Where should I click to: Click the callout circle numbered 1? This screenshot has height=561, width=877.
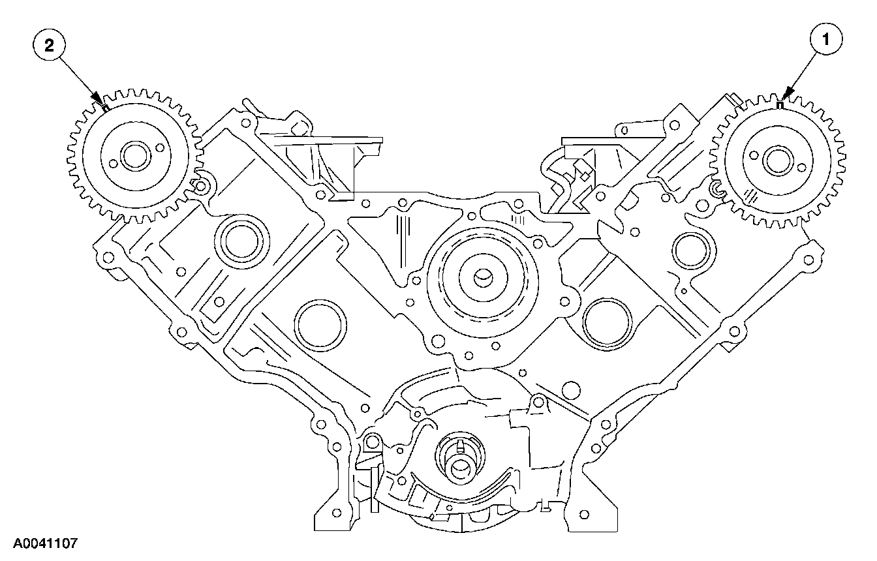point(826,40)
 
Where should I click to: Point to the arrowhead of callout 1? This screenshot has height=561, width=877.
point(786,96)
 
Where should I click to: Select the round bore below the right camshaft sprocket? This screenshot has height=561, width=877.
point(689,248)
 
